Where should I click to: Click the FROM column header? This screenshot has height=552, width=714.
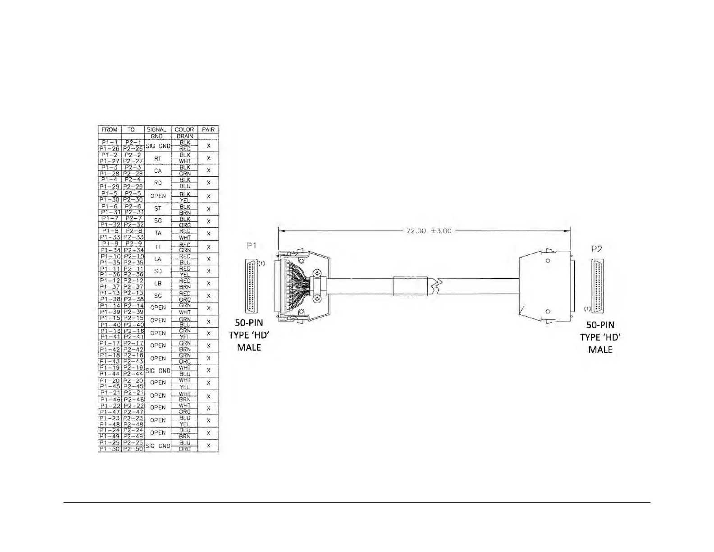(110, 129)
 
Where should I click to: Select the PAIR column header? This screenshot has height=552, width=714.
(208, 129)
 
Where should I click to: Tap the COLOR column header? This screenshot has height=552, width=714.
(184, 129)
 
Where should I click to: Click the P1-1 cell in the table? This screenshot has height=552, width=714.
(110, 143)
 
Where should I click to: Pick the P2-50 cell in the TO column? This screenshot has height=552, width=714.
(133, 449)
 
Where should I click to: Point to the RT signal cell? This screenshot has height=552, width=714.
(157, 158)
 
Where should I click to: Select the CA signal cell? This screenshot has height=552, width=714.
(157, 171)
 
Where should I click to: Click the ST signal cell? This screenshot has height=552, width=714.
(157, 209)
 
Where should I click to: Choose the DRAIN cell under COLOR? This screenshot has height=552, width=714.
(184, 136)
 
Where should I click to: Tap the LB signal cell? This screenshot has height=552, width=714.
(157, 284)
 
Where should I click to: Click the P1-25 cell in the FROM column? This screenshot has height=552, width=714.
(110, 443)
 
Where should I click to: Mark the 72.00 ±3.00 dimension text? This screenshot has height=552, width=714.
(429, 231)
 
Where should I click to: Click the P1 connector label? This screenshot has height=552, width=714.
(252, 246)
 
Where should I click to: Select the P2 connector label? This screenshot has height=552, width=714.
(597, 249)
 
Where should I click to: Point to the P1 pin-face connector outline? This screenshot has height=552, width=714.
(251, 286)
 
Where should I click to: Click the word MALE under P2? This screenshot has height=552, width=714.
(600, 350)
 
